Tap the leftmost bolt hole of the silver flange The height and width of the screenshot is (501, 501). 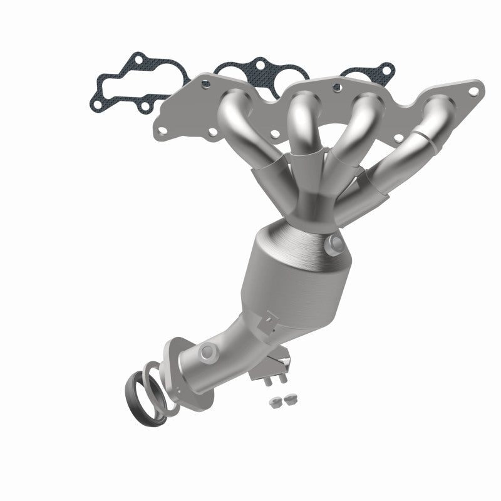coord(162,132)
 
